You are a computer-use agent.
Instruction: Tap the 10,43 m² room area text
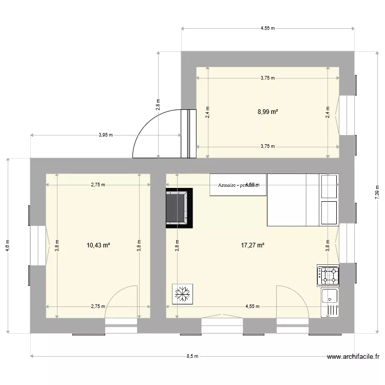[99, 245]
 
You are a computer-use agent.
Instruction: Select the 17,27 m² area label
[253, 245]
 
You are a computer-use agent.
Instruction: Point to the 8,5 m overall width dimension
[192, 356]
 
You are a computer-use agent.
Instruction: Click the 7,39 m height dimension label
[377, 191]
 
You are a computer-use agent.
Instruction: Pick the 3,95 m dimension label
[106, 135]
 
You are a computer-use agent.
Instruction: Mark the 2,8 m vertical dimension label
[158, 104]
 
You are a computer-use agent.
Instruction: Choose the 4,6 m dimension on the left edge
[7, 245]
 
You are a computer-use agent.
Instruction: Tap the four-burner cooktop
[329, 276]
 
